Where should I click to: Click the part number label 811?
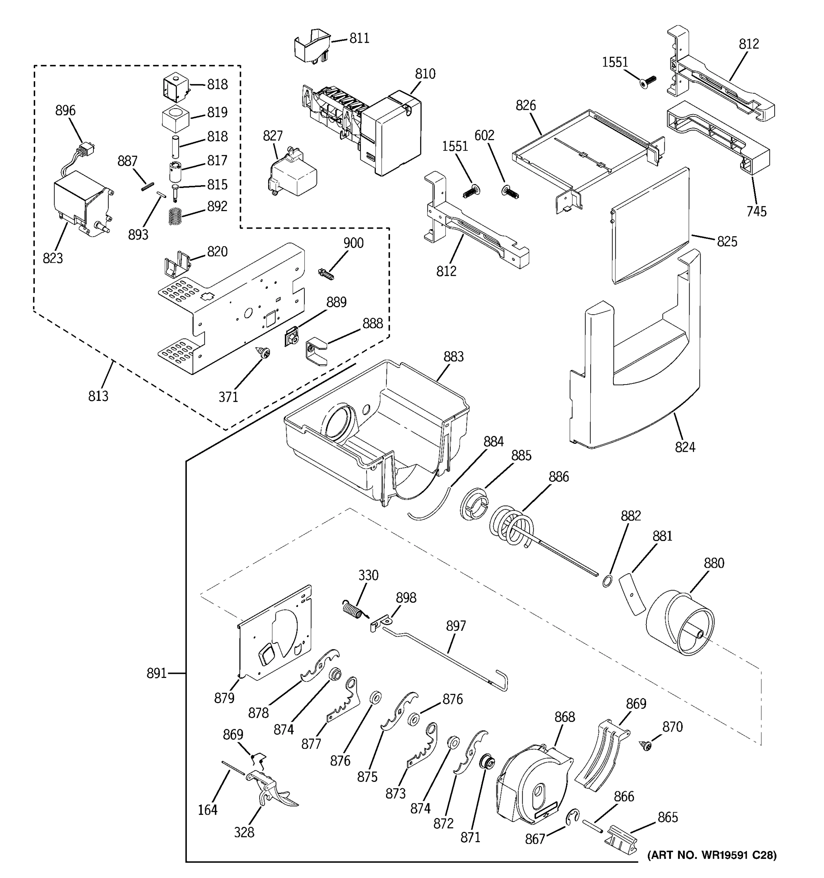pos(359,38)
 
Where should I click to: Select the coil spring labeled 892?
pos(176,216)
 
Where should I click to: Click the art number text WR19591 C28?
pos(712,855)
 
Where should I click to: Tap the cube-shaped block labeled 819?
pos(175,119)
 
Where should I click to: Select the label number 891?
pos(156,673)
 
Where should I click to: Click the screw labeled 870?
pos(646,746)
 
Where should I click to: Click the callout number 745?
pos(756,211)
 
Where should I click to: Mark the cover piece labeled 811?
pos(312,45)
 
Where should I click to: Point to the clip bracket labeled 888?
pos(316,350)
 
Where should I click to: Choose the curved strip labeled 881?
pos(632,594)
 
